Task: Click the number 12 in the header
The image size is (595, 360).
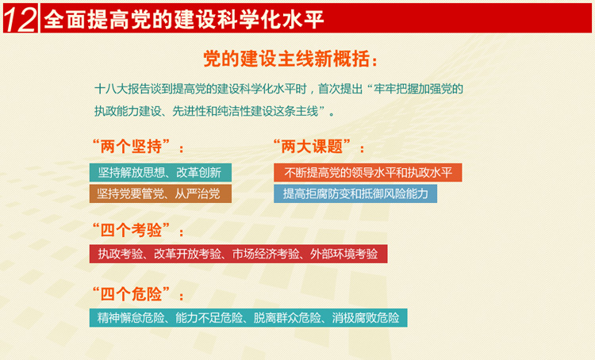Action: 20,19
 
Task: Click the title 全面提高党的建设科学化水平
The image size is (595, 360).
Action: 184,19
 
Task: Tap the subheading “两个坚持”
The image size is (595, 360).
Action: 136,147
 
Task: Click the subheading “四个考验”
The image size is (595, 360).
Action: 136,230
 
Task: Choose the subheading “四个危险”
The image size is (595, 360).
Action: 136,294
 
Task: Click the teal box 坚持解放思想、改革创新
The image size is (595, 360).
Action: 160,173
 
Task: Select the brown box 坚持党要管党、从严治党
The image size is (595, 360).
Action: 160,193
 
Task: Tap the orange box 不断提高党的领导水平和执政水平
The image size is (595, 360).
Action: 367,173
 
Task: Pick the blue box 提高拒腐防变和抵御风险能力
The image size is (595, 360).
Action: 355,193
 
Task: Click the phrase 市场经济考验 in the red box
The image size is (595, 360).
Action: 266,254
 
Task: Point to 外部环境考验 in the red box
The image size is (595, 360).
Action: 344,254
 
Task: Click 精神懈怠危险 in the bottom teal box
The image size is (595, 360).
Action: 131,317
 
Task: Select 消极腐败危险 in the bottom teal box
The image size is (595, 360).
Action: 366,317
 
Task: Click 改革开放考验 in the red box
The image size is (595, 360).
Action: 187,254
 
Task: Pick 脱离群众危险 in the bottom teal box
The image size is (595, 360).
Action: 287,317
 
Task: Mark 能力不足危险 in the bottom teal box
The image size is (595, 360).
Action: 209,317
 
